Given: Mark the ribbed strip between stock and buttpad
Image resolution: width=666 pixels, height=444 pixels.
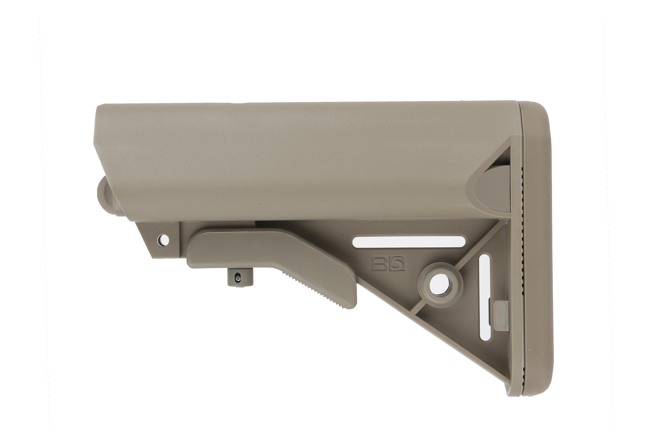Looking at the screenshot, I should click(x=522, y=227).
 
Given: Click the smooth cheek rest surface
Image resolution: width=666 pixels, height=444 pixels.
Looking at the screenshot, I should click(x=283, y=159).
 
